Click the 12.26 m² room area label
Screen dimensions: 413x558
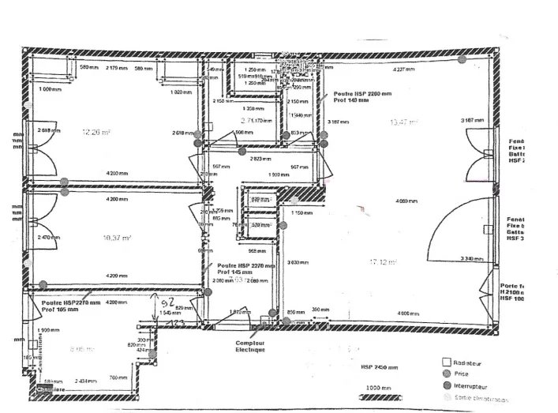pos(95,133)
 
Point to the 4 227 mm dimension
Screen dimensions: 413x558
pos(404,70)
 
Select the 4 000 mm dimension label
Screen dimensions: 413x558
pos(409,314)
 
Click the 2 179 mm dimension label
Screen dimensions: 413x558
pos(117,69)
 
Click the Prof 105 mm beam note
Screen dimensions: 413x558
pos(57,310)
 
